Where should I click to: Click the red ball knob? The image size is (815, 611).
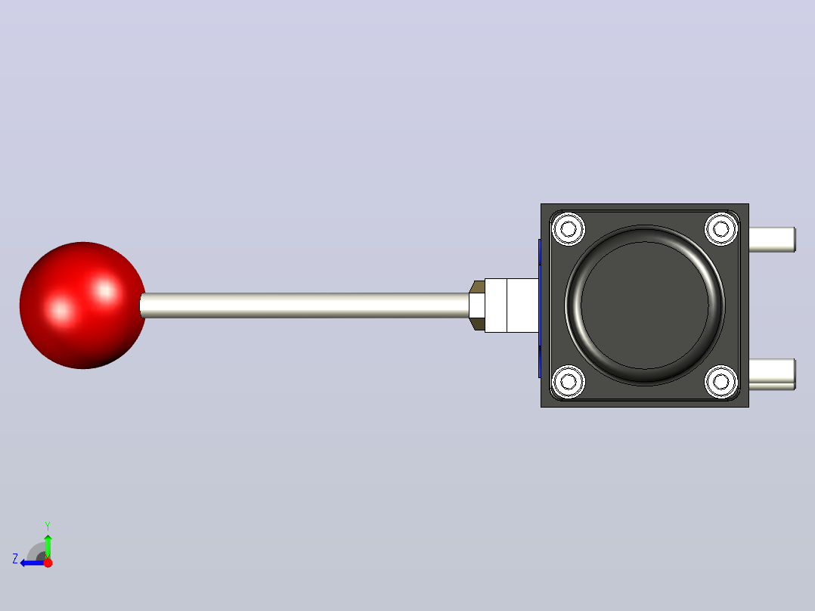[x=82, y=305]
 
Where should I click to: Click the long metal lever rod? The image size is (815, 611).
[x=305, y=305]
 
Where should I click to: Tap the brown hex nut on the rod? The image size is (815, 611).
[x=476, y=305]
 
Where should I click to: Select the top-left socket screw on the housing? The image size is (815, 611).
[x=568, y=228]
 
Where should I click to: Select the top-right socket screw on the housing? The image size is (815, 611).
[x=721, y=228]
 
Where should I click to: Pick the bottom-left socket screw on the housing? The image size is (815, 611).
[x=568, y=382]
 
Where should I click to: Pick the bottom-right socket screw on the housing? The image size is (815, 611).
[x=721, y=382]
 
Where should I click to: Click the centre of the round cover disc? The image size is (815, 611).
[x=644, y=305]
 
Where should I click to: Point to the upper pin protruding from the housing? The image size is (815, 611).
[x=772, y=240]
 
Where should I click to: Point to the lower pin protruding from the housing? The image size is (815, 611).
[x=772, y=374]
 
